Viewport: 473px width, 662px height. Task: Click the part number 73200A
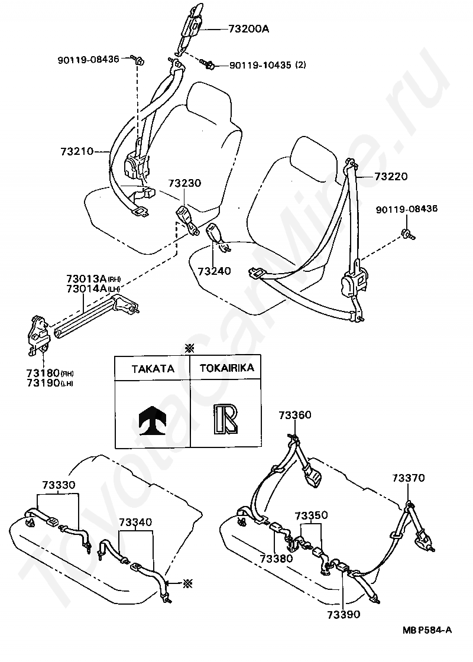[x=248, y=28]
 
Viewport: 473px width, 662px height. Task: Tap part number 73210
[x=77, y=151]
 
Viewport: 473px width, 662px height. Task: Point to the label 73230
[x=184, y=183]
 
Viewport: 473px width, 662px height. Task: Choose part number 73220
[x=391, y=176]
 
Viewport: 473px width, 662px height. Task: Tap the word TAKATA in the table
[x=153, y=368]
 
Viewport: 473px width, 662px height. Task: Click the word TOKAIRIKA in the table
[x=226, y=368]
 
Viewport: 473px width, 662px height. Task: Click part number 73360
[x=295, y=416]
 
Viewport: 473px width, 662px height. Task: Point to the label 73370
[x=408, y=478]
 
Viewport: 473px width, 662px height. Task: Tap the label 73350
[x=311, y=515]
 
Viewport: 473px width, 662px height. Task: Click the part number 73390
[x=344, y=615]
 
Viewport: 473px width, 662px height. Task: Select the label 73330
[x=59, y=485]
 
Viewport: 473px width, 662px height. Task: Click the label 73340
[x=135, y=522]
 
